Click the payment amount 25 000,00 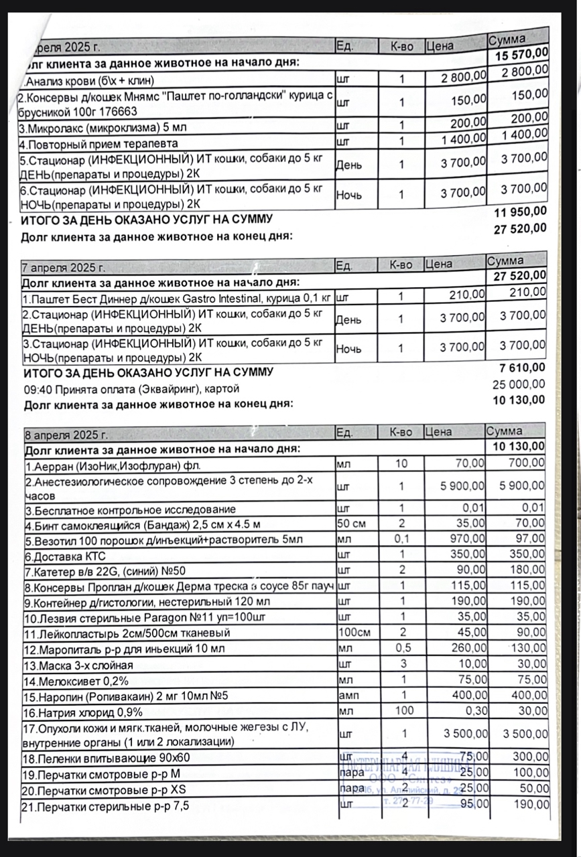click(x=518, y=384)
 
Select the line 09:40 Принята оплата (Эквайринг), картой click(x=131, y=388)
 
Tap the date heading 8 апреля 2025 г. click(x=65, y=435)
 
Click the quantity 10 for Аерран click(x=401, y=463)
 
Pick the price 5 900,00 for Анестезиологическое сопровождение click(x=462, y=486)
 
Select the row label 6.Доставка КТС click(x=65, y=556)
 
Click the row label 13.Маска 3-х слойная click(x=79, y=666)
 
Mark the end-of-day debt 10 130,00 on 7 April click(x=518, y=400)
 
